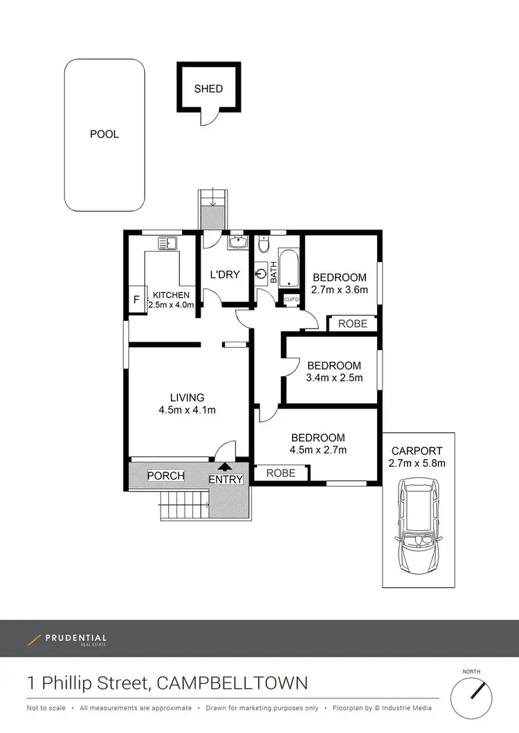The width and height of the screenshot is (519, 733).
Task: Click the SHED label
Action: [208, 89]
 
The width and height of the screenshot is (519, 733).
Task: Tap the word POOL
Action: [104, 134]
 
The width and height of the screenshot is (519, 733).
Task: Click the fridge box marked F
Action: [136, 301]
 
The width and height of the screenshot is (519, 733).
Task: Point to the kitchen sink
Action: [167, 243]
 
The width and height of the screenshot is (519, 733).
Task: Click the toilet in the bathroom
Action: [264, 246]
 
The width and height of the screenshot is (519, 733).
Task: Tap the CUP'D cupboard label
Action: [291, 299]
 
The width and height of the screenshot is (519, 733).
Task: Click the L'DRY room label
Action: [225, 275]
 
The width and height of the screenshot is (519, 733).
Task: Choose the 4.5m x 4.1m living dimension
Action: [188, 409]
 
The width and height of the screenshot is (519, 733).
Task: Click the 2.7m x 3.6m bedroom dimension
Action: [339, 290]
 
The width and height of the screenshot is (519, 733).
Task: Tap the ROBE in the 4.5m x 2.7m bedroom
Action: [281, 473]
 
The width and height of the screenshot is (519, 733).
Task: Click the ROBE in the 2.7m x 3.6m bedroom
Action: [352, 324]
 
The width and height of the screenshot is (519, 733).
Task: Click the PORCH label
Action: [166, 476]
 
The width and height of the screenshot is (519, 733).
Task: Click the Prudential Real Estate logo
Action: [67, 639]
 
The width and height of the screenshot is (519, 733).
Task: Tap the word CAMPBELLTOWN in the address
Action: [233, 684]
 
